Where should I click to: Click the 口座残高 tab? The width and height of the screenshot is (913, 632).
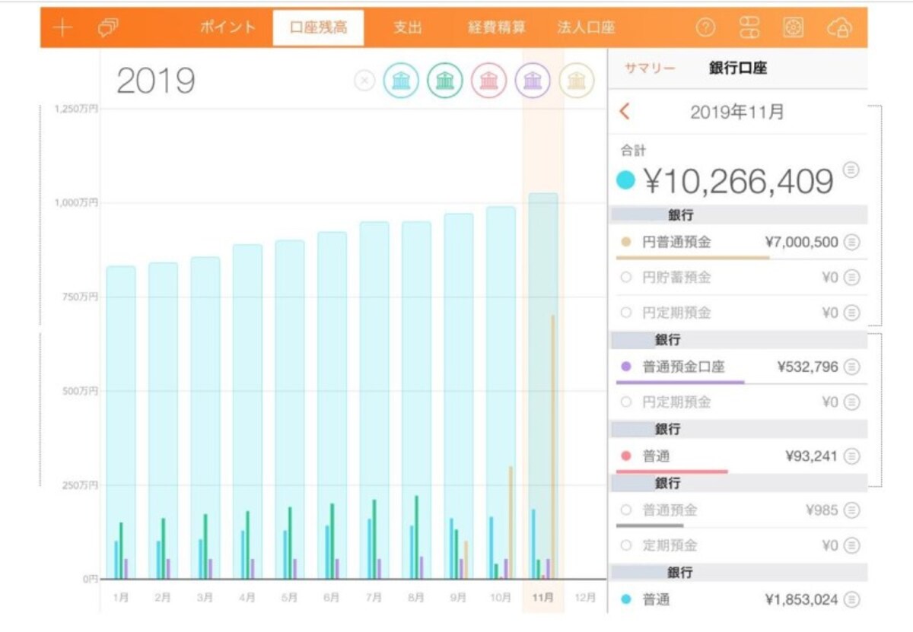pos(318,27)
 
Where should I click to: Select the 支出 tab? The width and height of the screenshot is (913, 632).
pos(408,27)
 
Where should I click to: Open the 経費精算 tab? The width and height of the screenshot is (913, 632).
pos(496,27)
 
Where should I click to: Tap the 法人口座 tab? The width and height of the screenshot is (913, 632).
pos(586,27)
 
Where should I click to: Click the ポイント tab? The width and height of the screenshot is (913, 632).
pos(227,27)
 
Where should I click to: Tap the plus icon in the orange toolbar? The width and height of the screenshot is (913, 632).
pos(62,27)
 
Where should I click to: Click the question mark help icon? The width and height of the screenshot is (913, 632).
pos(705,27)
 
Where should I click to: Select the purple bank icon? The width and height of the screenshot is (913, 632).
pos(533,81)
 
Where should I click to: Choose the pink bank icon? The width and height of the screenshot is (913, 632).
pos(488,81)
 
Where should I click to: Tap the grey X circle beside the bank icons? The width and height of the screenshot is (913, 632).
pos(364,81)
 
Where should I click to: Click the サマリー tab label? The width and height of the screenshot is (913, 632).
pos(650,68)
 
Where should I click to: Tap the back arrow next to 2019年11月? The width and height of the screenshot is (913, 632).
pos(625,111)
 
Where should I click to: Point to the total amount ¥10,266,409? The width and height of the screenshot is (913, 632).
pos(738,181)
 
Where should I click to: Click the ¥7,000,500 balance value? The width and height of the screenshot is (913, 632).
pos(801,242)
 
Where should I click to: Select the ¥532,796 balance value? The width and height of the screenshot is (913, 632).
pos(807,367)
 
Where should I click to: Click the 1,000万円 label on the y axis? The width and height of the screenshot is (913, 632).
pos(76,202)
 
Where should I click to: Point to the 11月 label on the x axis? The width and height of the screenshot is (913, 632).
pos(543,597)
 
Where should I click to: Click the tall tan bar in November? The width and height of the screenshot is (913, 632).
pos(553,446)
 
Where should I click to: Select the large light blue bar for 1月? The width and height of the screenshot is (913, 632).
pos(121,422)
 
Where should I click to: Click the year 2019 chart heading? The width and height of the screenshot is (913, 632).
pos(156,81)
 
